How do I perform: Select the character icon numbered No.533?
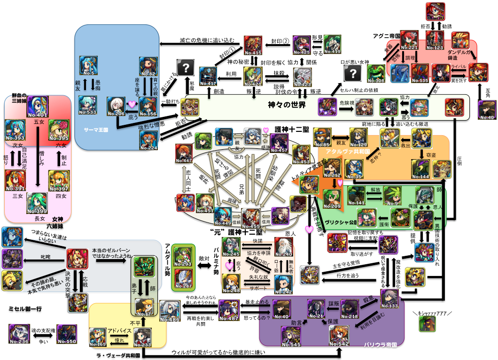coord(88,106)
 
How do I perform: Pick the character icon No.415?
coord(253,45)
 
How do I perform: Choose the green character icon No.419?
coord(332,44)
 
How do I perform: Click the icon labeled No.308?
coord(376,73)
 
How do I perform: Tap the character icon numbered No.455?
coord(251,218)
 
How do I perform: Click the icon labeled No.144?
coord(420,169)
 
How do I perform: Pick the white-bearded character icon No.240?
coord(283,247)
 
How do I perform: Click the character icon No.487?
coord(227,311)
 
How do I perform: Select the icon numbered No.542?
coord(339,336)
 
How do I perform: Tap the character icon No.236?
coord(19,333)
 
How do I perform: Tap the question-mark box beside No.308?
coord(353,73)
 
